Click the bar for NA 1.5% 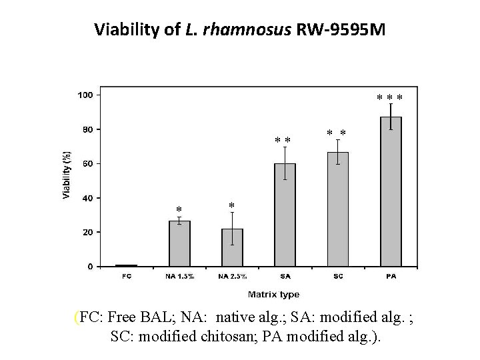click(x=179, y=243)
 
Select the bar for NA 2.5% click(x=232, y=247)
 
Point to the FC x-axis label click(x=127, y=276)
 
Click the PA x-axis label click(x=391, y=276)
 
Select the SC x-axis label click(x=338, y=276)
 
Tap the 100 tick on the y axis click(x=85, y=95)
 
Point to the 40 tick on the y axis click(x=87, y=198)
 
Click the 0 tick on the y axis click(x=91, y=267)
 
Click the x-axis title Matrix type click(x=273, y=294)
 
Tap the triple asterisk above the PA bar click(x=390, y=99)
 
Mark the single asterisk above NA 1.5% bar click(x=179, y=210)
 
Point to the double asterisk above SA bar click(x=283, y=141)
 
